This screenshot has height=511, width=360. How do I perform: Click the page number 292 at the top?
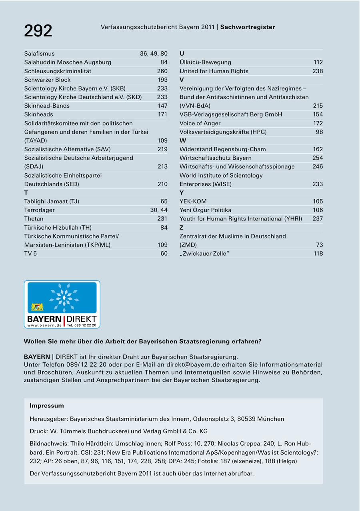point(38,31)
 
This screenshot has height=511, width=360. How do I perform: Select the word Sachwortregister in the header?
point(248,27)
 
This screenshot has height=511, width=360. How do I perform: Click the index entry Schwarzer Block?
point(47,80)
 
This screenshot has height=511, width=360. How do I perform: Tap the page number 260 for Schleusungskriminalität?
point(162,71)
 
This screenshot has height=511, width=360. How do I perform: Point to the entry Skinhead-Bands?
point(47,106)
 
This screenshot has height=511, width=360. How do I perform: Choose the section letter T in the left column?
point(26,193)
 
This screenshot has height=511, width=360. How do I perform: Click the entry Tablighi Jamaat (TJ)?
point(52,201)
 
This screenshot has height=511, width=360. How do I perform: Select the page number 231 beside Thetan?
point(162,219)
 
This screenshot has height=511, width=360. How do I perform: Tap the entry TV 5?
point(30,253)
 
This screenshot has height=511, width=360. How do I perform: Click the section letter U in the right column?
point(182,54)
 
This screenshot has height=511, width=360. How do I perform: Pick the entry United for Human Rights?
point(214,71)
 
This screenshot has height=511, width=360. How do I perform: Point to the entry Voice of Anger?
point(200,123)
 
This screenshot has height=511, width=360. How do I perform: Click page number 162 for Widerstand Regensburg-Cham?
point(318,149)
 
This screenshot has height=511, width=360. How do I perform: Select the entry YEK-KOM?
point(193,201)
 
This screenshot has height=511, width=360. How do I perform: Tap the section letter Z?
point(182,228)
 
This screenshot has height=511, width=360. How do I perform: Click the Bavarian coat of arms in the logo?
point(37,307)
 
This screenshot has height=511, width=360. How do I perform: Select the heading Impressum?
point(47,406)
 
